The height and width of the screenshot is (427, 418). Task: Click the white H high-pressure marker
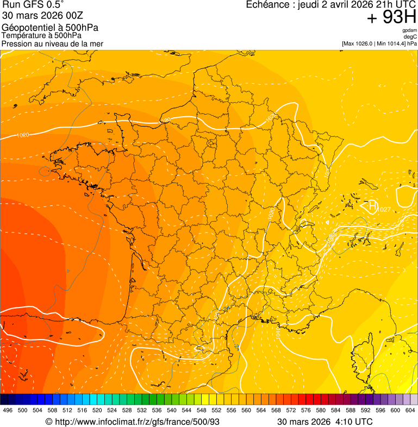click(372, 205)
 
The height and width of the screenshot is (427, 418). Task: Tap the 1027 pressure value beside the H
click(384, 210)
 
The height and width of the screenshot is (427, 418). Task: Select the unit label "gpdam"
click(410, 30)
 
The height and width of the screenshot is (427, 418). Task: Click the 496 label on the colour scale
click(8, 410)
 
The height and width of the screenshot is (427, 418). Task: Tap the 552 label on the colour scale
click(216, 410)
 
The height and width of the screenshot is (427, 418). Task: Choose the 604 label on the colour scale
click(410, 410)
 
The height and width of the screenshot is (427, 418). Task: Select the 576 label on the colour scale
click(306, 410)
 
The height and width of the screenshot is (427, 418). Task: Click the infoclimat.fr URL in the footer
click(136, 422)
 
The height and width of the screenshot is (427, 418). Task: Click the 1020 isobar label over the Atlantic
click(23, 135)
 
